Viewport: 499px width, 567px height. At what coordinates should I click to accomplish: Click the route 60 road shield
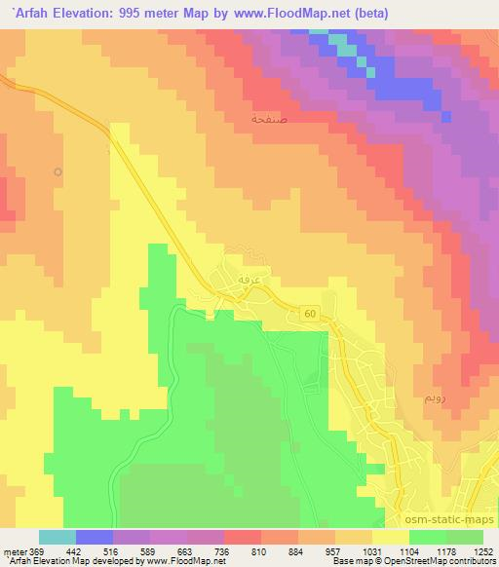pos(309,312)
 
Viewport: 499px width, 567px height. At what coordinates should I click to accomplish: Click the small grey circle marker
pos(58,172)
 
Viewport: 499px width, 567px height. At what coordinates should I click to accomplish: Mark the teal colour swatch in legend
pos(58,537)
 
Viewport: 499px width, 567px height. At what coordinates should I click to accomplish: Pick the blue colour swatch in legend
pos(95,537)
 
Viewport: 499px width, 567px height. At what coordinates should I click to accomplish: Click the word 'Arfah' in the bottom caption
pos(18,561)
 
